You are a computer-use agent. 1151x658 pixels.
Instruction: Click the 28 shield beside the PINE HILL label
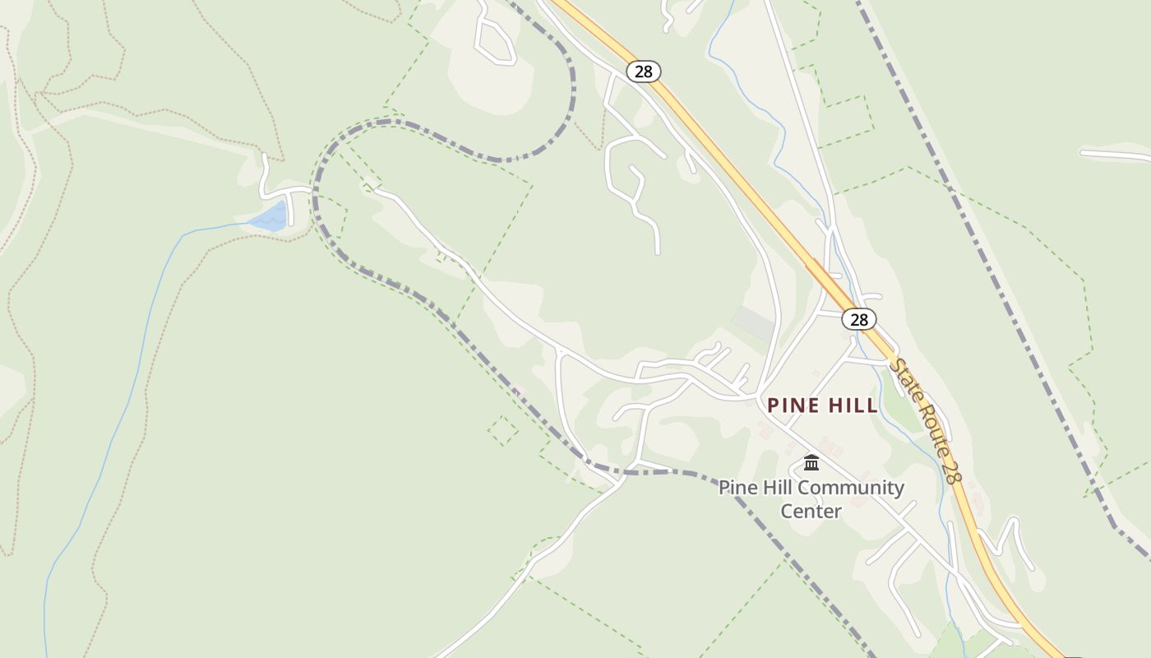click(859, 319)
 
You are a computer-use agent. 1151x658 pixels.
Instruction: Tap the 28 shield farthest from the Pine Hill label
click(643, 72)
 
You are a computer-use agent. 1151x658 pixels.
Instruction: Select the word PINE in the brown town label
click(793, 405)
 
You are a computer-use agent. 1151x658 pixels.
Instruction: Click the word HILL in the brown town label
click(853, 405)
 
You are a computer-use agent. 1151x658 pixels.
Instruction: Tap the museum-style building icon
click(811, 462)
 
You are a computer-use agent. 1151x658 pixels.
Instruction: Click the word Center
click(811, 511)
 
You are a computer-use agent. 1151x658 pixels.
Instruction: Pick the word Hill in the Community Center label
click(779, 488)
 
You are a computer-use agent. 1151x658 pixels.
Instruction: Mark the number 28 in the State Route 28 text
click(951, 471)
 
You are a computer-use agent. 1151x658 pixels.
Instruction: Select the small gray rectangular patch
click(753, 322)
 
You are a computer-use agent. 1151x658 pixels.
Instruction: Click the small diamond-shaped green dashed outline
click(503, 430)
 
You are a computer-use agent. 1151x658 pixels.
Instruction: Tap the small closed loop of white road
click(494, 42)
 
